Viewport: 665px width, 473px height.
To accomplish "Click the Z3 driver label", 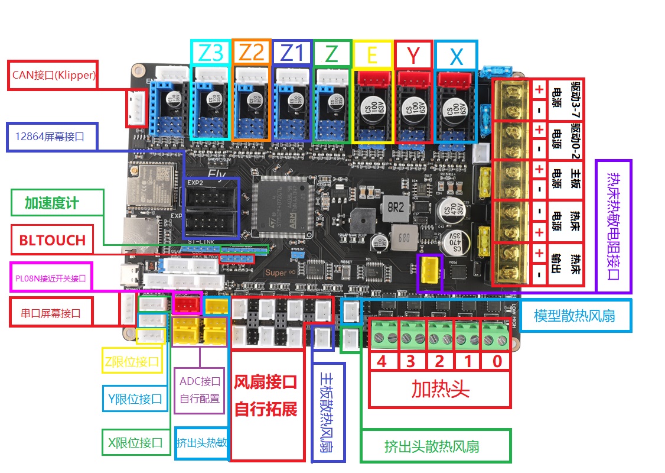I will [211, 53].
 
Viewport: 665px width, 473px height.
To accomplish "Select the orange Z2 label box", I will [252, 53].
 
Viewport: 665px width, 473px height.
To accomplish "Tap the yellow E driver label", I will [372, 54].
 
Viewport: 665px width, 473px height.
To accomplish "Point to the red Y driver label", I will [413, 55].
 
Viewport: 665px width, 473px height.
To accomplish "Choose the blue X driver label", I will [456, 56].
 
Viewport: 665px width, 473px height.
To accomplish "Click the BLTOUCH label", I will [52, 240].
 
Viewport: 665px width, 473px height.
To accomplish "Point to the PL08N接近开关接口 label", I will [51, 277].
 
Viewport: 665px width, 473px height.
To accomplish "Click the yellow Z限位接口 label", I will [132, 361].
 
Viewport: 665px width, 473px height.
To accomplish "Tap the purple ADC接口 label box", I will [200, 390].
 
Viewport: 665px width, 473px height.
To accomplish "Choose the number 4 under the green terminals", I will [382, 361].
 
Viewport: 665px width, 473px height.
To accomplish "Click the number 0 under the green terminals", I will [497, 361].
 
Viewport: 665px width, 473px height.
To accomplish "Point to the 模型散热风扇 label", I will [574, 315].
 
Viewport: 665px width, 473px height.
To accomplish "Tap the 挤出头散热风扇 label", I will [435, 446].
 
